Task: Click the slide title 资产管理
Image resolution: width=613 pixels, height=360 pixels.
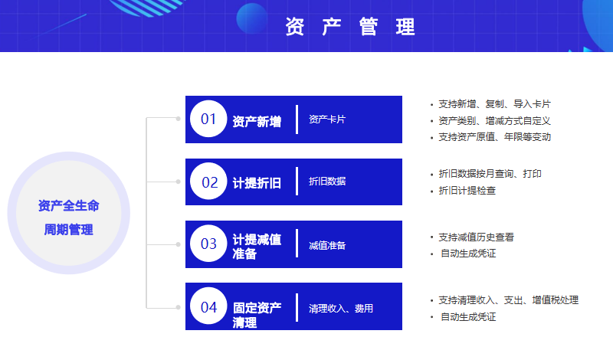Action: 350,27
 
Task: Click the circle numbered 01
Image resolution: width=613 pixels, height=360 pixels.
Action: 208,119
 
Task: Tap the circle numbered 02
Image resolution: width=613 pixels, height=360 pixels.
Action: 208,182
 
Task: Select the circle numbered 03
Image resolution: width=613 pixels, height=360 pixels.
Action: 208,244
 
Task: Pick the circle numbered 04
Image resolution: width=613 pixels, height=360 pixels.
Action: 208,306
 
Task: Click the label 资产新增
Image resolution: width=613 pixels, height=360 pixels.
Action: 257,122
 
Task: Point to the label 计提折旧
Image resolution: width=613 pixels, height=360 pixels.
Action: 257,183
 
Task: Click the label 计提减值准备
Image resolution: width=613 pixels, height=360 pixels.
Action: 257,246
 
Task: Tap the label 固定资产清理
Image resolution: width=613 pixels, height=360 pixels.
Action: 257,315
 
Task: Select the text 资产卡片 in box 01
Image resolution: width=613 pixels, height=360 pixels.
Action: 327,119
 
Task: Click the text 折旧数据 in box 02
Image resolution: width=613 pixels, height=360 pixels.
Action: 327,182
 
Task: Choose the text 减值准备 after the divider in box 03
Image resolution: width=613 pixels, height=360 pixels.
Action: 327,245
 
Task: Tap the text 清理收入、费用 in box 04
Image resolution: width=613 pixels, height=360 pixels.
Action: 341,309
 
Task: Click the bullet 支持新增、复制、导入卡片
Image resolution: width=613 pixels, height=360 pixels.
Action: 494,104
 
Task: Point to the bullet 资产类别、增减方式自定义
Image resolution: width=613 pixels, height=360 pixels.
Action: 494,121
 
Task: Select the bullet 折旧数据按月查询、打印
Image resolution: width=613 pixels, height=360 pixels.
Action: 490,174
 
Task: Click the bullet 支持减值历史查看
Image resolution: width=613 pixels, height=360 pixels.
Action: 476,237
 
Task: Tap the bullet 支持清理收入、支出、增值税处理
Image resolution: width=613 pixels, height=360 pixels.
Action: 508,299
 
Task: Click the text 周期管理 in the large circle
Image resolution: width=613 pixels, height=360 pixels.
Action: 68,230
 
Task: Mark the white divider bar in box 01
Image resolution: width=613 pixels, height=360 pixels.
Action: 297,119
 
